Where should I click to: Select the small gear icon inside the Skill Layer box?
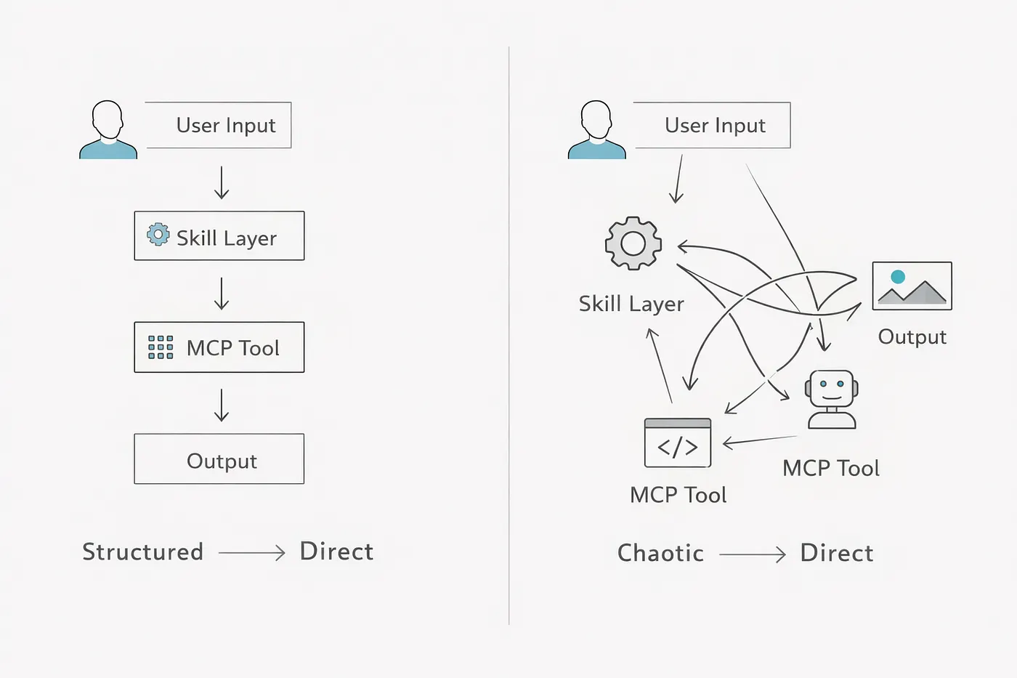point(158,234)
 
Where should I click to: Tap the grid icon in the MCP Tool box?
point(161,347)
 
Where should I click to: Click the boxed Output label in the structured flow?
point(222,461)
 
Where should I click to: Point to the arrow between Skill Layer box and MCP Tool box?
point(221,294)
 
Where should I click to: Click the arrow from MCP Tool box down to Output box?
point(221,405)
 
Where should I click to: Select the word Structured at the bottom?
point(142,552)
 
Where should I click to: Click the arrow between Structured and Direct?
point(251,553)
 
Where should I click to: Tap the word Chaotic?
point(660,553)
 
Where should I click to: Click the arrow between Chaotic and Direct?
point(753,554)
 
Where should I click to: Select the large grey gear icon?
point(633,243)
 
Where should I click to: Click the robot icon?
point(832,399)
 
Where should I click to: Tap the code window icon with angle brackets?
point(677,443)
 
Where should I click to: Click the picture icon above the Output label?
point(912,286)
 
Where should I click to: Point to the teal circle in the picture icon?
point(898,277)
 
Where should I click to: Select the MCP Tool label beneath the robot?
point(831,468)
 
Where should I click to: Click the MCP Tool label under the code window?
point(678,495)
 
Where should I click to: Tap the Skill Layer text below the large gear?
point(631,304)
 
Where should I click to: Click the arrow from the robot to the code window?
point(760,440)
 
